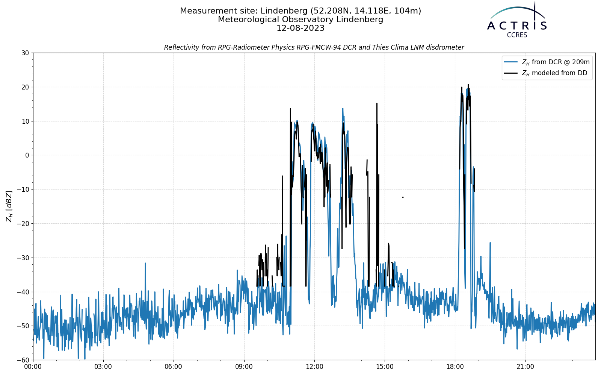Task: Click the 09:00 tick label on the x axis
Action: coord(244,367)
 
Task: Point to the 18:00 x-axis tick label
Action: coord(455,367)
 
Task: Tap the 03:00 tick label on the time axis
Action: coord(103,367)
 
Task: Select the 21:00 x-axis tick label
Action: coord(525,367)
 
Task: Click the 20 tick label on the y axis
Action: coord(25,87)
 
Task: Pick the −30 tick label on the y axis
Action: coord(23,258)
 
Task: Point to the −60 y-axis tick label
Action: coord(23,360)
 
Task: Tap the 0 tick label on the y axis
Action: coord(27,155)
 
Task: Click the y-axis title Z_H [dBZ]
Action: coord(9,206)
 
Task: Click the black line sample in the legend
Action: coord(510,73)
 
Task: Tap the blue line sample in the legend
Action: coord(510,62)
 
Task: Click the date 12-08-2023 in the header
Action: coord(300,28)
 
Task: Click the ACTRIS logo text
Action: coord(517,26)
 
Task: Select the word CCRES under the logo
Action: coord(517,35)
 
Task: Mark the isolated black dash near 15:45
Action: coord(403,197)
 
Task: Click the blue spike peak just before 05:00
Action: coord(145,263)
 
